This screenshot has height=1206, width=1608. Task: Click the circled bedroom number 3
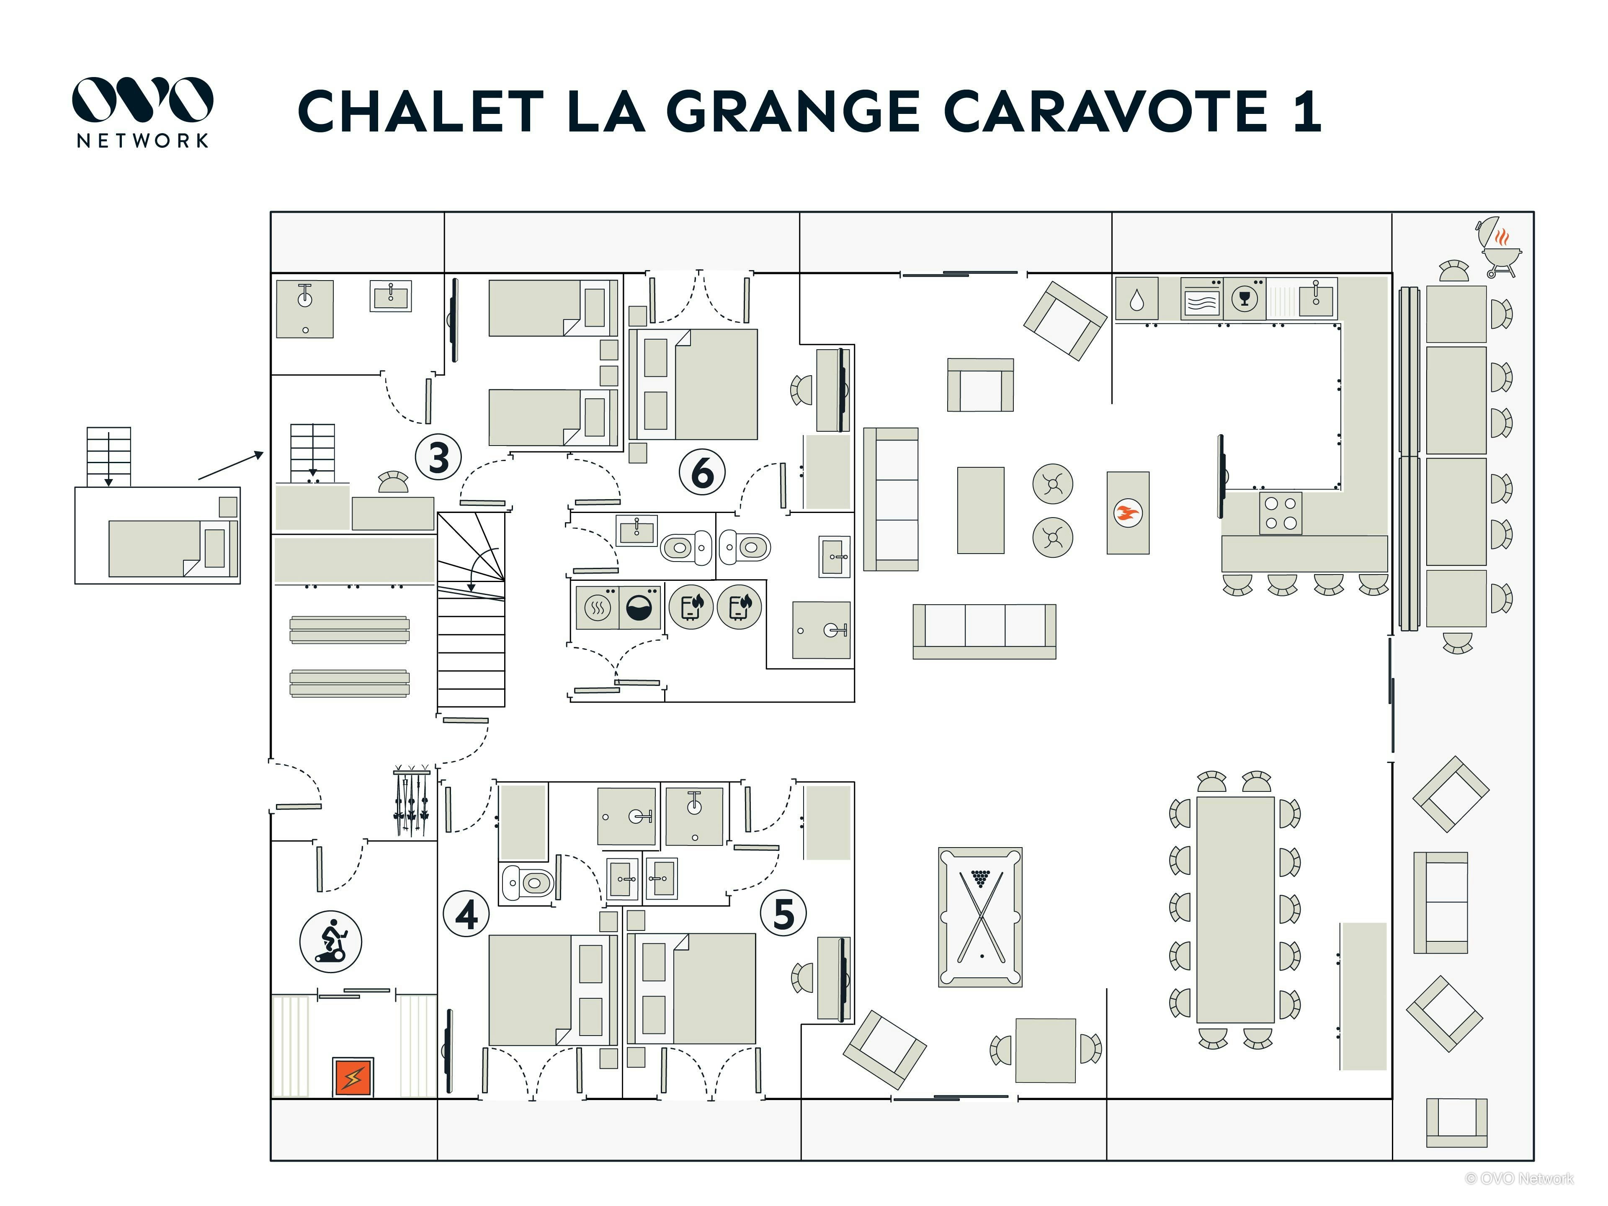click(x=438, y=457)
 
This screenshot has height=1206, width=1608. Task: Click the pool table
click(x=980, y=916)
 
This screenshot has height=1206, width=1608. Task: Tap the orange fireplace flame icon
click(x=1128, y=513)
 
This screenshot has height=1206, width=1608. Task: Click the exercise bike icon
click(x=331, y=941)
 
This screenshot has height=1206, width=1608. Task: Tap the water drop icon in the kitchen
click(x=1136, y=299)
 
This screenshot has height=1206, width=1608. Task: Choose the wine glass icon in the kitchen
click(x=1245, y=298)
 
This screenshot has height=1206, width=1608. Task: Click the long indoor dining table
click(x=1234, y=910)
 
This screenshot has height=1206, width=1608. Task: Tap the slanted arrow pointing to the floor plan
click(x=230, y=465)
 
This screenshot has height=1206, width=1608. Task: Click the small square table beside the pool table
click(x=1045, y=1050)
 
